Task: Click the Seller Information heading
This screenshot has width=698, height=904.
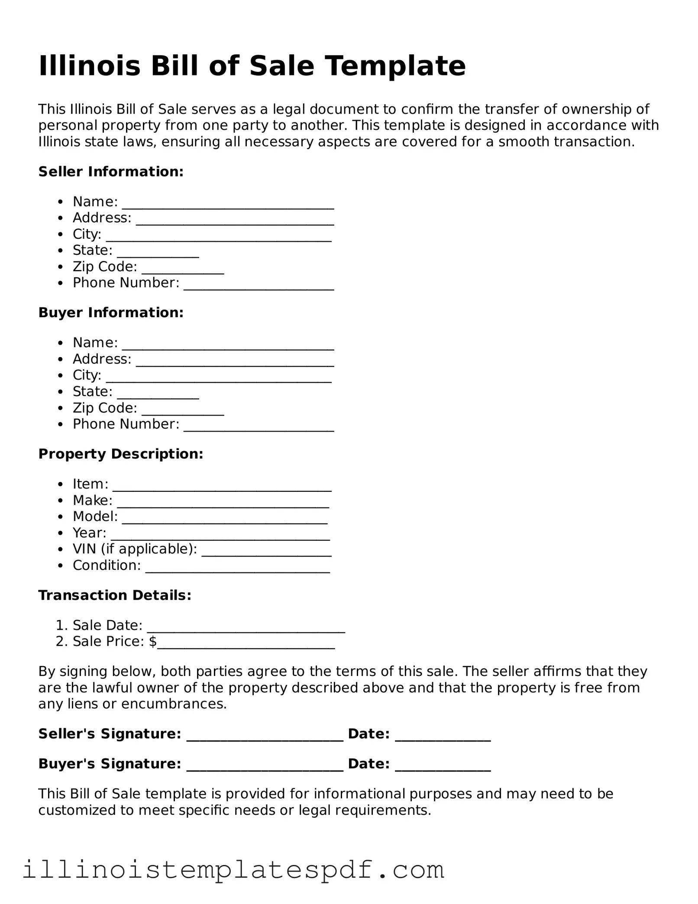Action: coord(111,172)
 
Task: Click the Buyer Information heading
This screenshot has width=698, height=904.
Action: coord(111,312)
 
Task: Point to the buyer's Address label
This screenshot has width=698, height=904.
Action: coord(102,359)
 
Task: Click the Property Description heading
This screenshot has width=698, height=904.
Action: coord(120,454)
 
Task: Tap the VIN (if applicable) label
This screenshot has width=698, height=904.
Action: coord(135,549)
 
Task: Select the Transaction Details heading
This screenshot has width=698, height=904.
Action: coord(115,595)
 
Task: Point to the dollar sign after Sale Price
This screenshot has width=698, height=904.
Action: coord(152,641)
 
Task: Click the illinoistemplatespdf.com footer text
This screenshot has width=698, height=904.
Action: coord(233,869)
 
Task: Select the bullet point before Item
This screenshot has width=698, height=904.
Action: coord(61,484)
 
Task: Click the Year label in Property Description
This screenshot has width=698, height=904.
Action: coord(89,533)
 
